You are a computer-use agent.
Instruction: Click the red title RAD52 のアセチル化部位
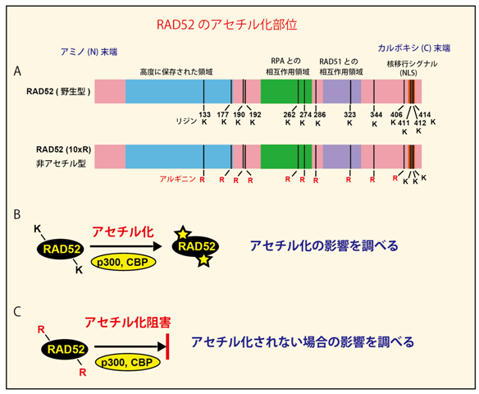pyautogui.click(x=226, y=25)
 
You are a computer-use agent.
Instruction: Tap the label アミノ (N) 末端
pyautogui.click(x=89, y=52)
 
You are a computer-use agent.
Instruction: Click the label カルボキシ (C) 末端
pyautogui.click(x=414, y=48)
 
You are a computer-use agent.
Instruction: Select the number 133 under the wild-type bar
pyautogui.click(x=205, y=115)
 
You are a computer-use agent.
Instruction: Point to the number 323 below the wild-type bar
pyautogui.click(x=349, y=115)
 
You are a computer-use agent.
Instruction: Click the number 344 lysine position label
pyautogui.click(x=376, y=115)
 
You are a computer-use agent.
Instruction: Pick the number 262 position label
pyautogui.click(x=290, y=115)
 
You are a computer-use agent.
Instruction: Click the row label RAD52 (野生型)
pyautogui.click(x=58, y=91)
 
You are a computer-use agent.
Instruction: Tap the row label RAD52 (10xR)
pyautogui.click(x=63, y=149)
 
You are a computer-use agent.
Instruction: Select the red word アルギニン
pyautogui.click(x=177, y=179)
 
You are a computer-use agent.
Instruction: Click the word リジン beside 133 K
pyautogui.click(x=186, y=121)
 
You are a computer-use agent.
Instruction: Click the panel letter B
pyautogui.click(x=17, y=214)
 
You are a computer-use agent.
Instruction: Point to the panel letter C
pyautogui.click(x=17, y=312)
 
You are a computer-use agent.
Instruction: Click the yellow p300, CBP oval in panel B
pyautogui.click(x=123, y=263)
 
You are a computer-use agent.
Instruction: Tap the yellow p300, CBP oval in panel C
pyautogui.click(x=127, y=363)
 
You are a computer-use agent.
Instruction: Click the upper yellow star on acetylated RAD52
pyautogui.click(x=182, y=233)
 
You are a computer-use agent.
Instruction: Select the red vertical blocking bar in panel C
pyautogui.click(x=167, y=346)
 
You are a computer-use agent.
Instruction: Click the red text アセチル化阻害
pyautogui.click(x=128, y=323)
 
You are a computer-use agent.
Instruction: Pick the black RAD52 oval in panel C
pyautogui.click(x=66, y=349)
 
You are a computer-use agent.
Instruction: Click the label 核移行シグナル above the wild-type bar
pyautogui.click(x=412, y=64)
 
